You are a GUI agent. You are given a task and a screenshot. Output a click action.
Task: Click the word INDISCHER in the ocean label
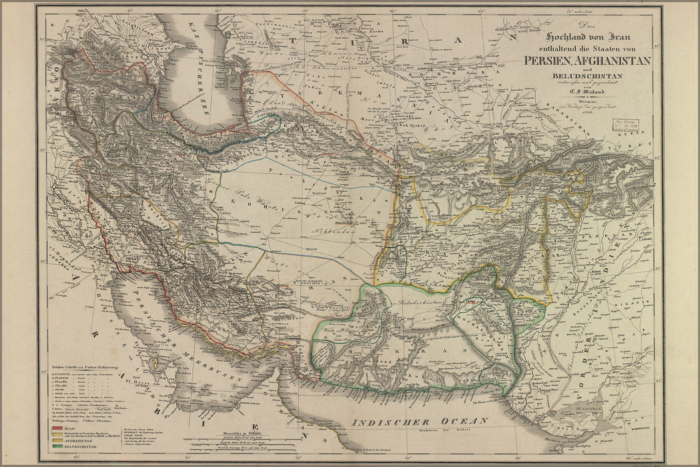(387, 422)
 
